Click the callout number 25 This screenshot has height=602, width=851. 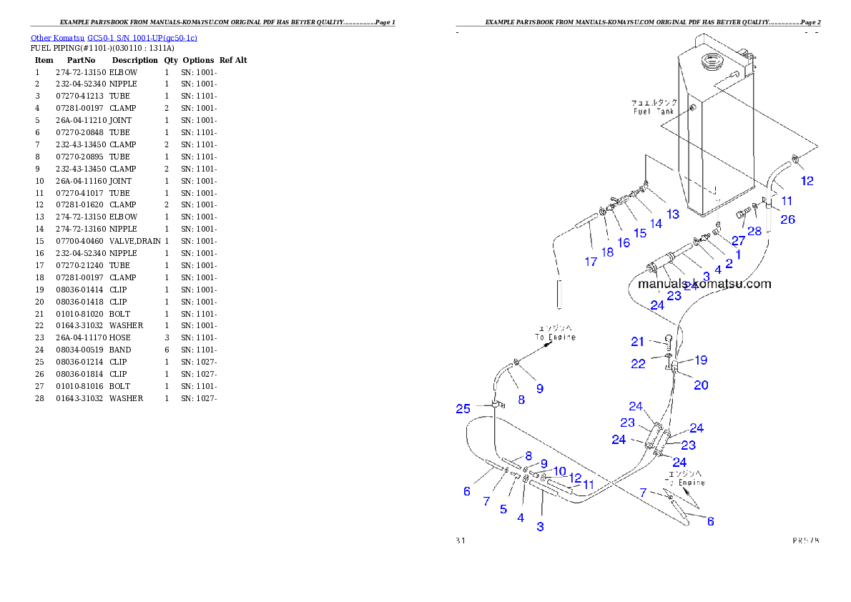tap(463, 409)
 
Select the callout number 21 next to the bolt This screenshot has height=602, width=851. tap(637, 342)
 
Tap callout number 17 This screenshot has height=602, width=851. tap(591, 262)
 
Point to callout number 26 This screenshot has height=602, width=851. tap(787, 219)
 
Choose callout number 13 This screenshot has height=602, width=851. tap(672, 214)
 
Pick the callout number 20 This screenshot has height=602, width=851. tap(701, 385)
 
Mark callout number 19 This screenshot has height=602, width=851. tap(701, 360)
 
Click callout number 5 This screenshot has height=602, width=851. tap(503, 509)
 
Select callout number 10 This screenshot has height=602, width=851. tap(559, 471)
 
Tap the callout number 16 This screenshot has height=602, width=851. tap(624, 242)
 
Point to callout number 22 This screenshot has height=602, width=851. tap(638, 364)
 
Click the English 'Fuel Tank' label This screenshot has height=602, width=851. tap(654, 112)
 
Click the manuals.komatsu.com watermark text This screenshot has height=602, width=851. tap(704, 284)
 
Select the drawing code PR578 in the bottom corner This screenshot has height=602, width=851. tap(805, 541)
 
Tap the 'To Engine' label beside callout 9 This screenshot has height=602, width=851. tap(555, 337)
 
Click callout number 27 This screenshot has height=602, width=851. tap(738, 241)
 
